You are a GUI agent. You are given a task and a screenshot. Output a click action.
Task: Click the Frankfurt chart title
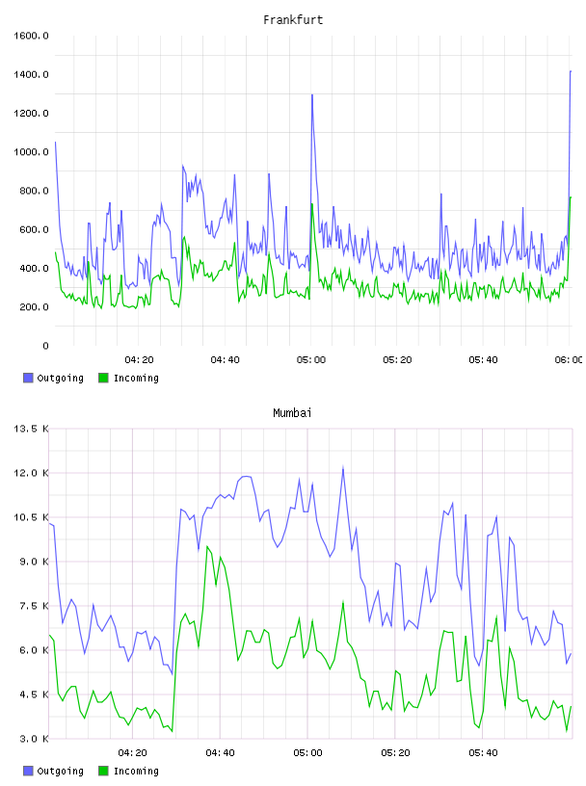click(x=293, y=20)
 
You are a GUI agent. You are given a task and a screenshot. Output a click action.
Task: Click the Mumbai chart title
click(x=292, y=413)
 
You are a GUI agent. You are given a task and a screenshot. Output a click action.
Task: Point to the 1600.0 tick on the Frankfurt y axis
click(x=31, y=36)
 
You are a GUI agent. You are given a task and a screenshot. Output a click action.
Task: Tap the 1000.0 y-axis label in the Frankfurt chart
click(x=31, y=152)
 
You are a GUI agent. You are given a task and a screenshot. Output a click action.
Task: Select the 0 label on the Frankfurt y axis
click(x=45, y=346)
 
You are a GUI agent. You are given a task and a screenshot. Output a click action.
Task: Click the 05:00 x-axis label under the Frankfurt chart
click(x=311, y=360)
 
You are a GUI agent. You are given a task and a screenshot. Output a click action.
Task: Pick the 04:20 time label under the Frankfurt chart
click(x=139, y=360)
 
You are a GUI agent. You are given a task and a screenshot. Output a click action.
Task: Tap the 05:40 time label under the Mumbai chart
click(x=483, y=753)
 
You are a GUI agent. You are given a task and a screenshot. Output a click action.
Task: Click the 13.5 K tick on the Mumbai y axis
click(x=31, y=429)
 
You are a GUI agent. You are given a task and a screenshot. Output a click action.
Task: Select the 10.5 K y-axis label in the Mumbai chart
click(x=31, y=517)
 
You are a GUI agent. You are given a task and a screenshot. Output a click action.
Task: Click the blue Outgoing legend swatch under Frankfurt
click(x=28, y=378)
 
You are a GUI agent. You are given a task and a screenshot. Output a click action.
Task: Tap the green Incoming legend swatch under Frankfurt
click(x=103, y=378)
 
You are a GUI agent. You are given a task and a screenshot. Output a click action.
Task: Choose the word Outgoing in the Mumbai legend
click(x=60, y=771)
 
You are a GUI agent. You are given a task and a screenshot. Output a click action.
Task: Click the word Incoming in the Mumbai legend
click(x=136, y=771)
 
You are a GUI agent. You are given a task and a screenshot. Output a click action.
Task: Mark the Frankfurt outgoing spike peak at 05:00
click(x=312, y=94)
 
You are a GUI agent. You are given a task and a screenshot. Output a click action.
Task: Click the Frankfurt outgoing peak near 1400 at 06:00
click(x=571, y=71)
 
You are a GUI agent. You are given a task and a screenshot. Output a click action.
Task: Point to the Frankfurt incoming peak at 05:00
click(x=312, y=204)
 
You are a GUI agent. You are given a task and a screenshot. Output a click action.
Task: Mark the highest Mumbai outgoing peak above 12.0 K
click(x=343, y=467)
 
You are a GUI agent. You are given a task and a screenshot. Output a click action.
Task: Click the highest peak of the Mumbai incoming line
click(x=207, y=547)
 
